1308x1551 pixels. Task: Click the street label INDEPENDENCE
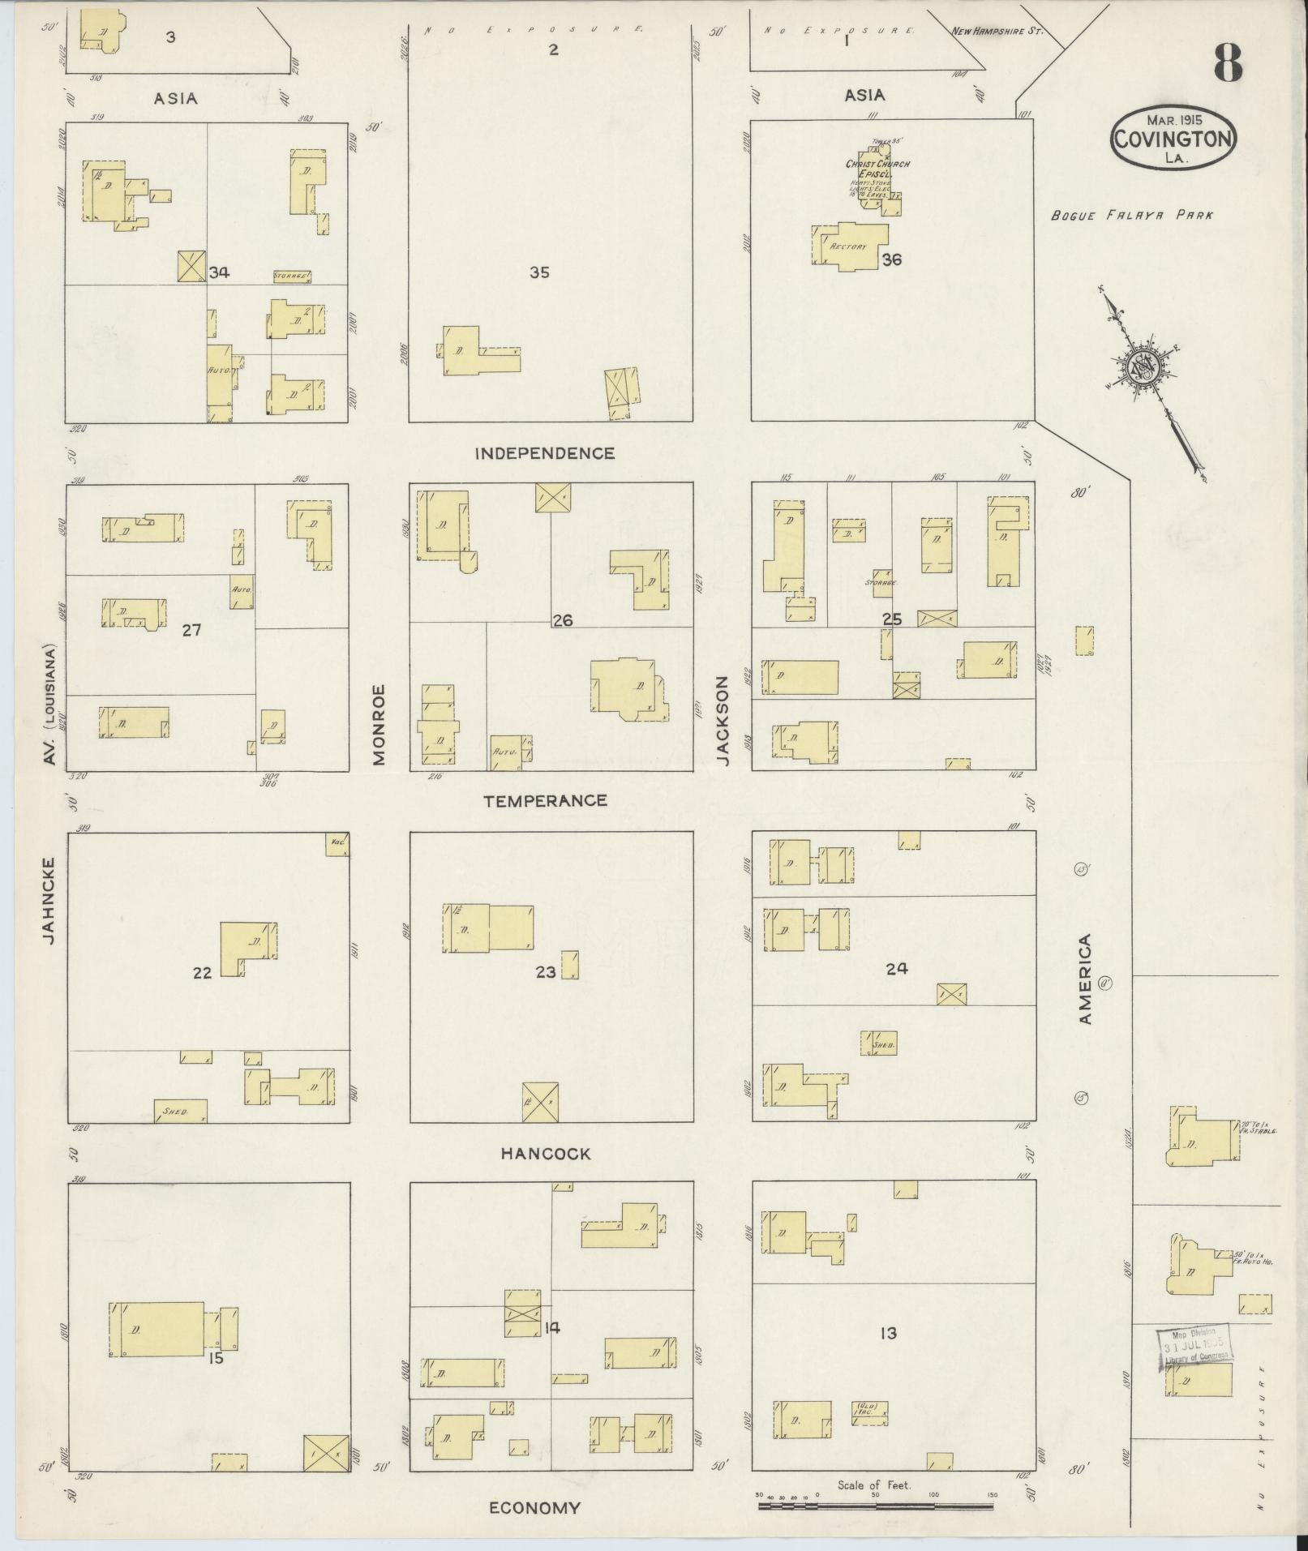tap(544, 453)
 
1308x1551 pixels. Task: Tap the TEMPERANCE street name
tap(545, 801)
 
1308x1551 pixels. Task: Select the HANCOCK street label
tap(545, 1153)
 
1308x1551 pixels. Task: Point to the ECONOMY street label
tap(534, 1508)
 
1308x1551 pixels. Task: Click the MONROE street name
tap(380, 724)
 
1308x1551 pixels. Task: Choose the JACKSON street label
tap(723, 722)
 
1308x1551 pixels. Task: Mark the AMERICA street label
tap(1086, 979)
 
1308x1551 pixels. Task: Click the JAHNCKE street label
tap(49, 900)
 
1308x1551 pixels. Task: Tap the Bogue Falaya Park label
tap(1131, 216)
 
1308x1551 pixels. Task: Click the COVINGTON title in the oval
tap(1173, 139)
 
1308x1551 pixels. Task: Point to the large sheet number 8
tap(1228, 63)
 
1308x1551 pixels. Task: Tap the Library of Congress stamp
tap(1193, 1347)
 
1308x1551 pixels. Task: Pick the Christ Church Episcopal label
tap(877, 169)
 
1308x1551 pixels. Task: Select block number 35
tap(539, 272)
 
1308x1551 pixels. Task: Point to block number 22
tap(202, 973)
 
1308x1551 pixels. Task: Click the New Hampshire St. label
tap(997, 32)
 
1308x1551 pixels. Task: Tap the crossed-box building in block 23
tap(540, 1102)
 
